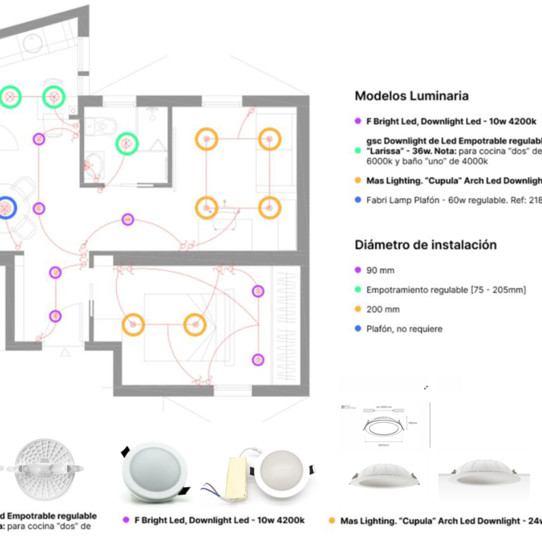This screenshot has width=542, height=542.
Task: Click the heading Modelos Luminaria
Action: coord(411,96)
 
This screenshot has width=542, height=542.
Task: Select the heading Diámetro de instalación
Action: coord(425,245)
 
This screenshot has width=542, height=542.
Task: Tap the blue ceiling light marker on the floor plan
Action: coord(6,206)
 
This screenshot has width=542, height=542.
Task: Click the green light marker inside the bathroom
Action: coord(126,143)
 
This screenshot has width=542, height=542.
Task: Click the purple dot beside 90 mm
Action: coord(358,270)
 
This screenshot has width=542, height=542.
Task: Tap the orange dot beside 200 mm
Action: coord(358,309)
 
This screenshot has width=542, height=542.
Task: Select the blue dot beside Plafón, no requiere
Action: coord(358,329)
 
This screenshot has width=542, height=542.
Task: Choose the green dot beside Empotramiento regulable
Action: coord(358,290)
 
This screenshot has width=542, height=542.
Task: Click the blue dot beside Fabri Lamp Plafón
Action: coord(358,200)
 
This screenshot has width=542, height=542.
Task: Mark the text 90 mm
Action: coord(380,270)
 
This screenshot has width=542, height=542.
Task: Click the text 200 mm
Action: coord(383,309)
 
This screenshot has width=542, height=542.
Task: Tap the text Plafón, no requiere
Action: coord(404,329)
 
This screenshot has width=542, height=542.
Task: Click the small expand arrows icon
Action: coord(426,388)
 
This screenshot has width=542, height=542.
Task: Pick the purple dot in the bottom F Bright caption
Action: coord(126,520)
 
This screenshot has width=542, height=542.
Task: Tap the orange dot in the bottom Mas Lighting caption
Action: coord(331,520)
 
